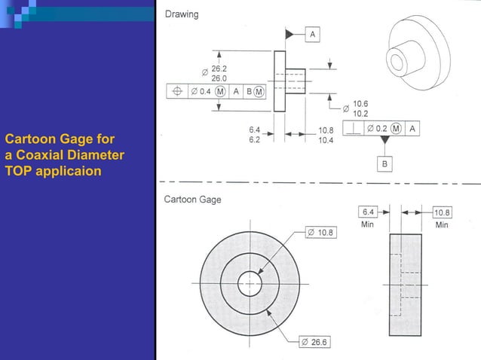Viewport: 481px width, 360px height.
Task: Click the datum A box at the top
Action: coord(313,34)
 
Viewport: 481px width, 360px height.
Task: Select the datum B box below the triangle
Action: coord(384,163)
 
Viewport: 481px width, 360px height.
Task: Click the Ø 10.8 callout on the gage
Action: coord(320,233)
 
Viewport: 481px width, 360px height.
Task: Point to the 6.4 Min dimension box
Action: coord(369,212)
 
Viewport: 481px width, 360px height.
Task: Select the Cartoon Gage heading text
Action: coord(193,200)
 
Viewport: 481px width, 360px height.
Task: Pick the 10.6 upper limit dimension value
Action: coord(360,104)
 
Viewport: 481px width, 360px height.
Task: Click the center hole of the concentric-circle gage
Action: coord(250,284)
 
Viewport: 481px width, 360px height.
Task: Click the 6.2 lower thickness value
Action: coord(255,139)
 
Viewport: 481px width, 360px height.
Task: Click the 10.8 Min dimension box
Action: coord(441,212)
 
